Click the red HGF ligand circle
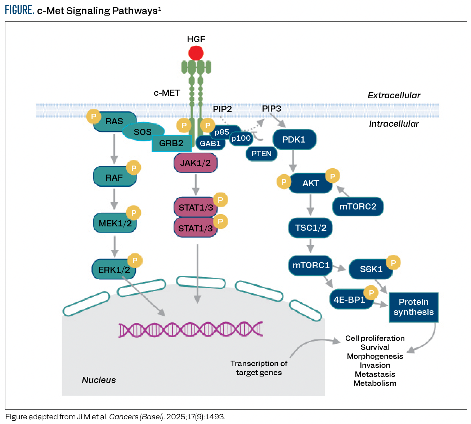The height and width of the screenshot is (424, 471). click(196, 53)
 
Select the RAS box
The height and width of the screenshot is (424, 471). click(114, 122)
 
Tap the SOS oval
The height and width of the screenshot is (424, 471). click(143, 132)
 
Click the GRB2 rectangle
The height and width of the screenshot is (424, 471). click(171, 143)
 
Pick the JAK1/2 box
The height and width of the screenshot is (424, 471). click(196, 163)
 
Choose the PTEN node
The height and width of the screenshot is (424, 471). click(261, 154)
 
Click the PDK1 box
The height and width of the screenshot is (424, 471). click(294, 140)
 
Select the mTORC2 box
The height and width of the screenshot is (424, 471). click(358, 207)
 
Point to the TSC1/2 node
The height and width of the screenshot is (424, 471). click(310, 228)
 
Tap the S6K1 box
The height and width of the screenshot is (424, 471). click(371, 269)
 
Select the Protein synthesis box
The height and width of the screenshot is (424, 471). click(414, 307)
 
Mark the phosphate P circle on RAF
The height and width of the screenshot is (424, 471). click(134, 168)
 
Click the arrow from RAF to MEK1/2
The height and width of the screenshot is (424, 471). click(114, 199)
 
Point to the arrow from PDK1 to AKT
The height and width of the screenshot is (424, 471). click(293, 161)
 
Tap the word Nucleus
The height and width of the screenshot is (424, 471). click(99, 380)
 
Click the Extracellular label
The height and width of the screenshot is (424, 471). click(394, 95)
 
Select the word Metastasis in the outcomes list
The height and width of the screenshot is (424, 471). click(375, 374)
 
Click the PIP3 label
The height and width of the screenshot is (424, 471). click(271, 109)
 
